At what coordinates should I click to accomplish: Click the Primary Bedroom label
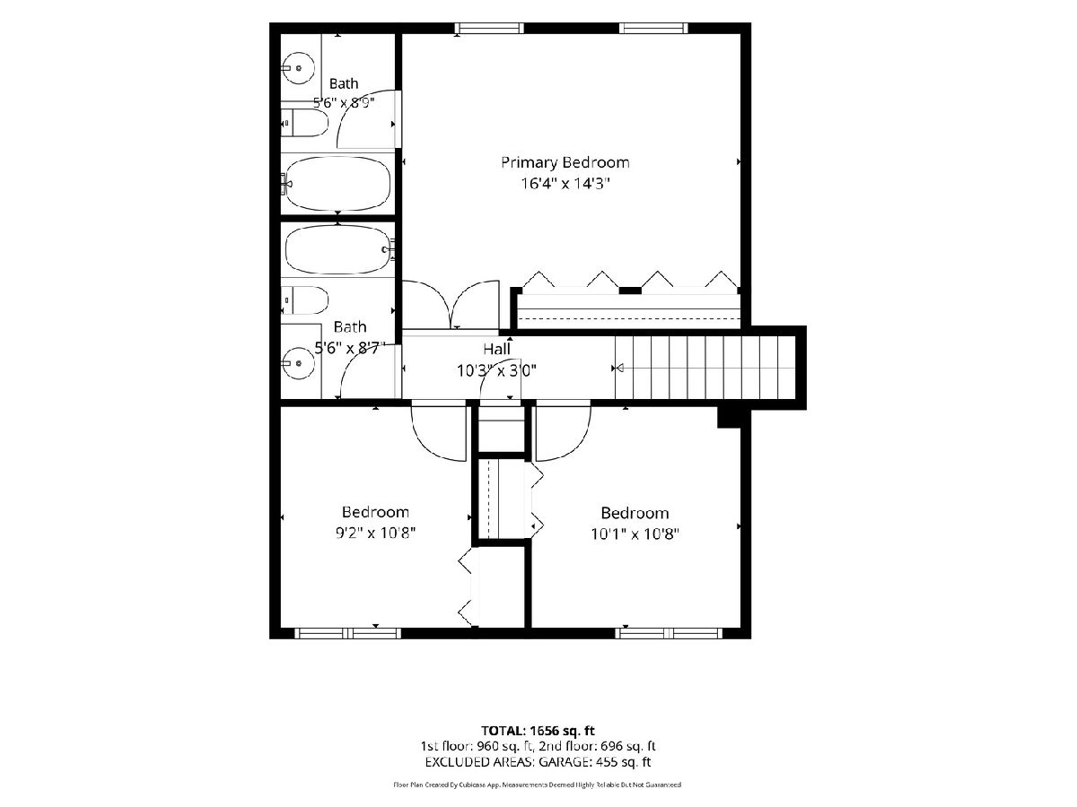click(x=565, y=162)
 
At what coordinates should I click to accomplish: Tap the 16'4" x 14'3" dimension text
click(x=565, y=184)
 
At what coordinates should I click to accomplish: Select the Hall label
click(x=496, y=349)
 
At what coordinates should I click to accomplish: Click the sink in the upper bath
click(x=298, y=68)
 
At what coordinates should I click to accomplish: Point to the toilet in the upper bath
click(x=304, y=123)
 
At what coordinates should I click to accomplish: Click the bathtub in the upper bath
click(x=337, y=183)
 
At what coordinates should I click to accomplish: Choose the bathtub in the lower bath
click(x=338, y=249)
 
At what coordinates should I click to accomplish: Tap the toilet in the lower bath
click(x=304, y=299)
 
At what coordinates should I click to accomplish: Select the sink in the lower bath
click(x=298, y=363)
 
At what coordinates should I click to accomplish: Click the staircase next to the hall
click(x=705, y=368)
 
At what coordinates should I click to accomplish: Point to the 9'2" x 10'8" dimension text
click(x=375, y=534)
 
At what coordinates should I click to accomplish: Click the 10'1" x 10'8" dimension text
click(x=635, y=534)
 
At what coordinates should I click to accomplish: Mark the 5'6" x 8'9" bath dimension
click(x=344, y=103)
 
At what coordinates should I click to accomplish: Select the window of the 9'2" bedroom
click(x=348, y=633)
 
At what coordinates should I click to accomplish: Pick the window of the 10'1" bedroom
click(x=669, y=633)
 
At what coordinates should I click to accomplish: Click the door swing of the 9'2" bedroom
click(x=427, y=447)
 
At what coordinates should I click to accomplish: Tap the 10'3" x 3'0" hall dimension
click(x=496, y=371)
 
